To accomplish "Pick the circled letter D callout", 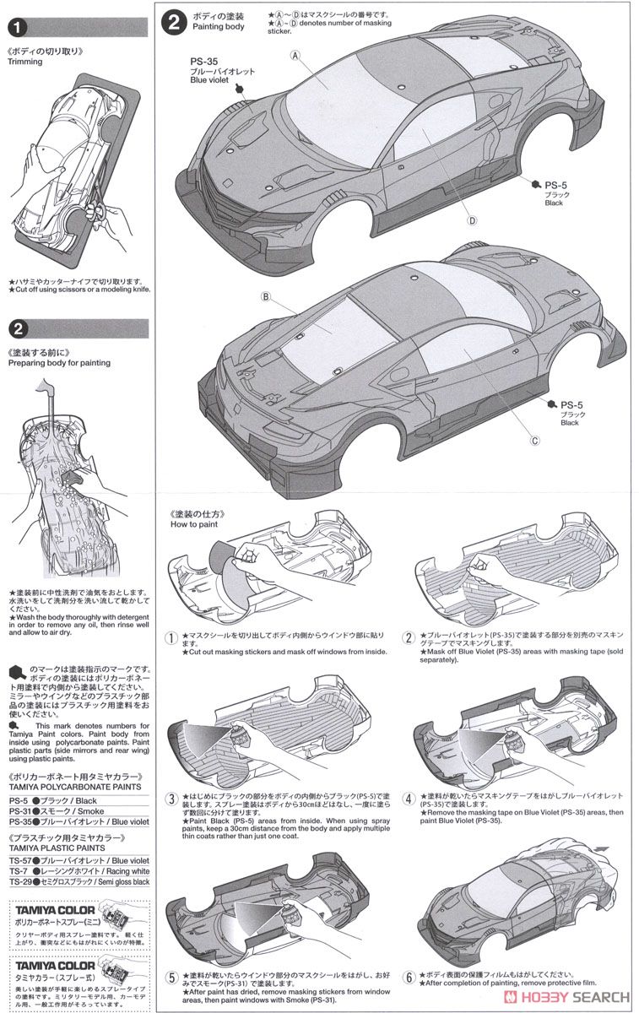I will (x=473, y=220).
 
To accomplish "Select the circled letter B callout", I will (x=265, y=296).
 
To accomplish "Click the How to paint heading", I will (x=193, y=524).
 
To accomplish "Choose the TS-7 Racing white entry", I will (x=68, y=869).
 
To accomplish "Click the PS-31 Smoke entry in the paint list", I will (x=53, y=808).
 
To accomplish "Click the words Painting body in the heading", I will (x=218, y=27).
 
